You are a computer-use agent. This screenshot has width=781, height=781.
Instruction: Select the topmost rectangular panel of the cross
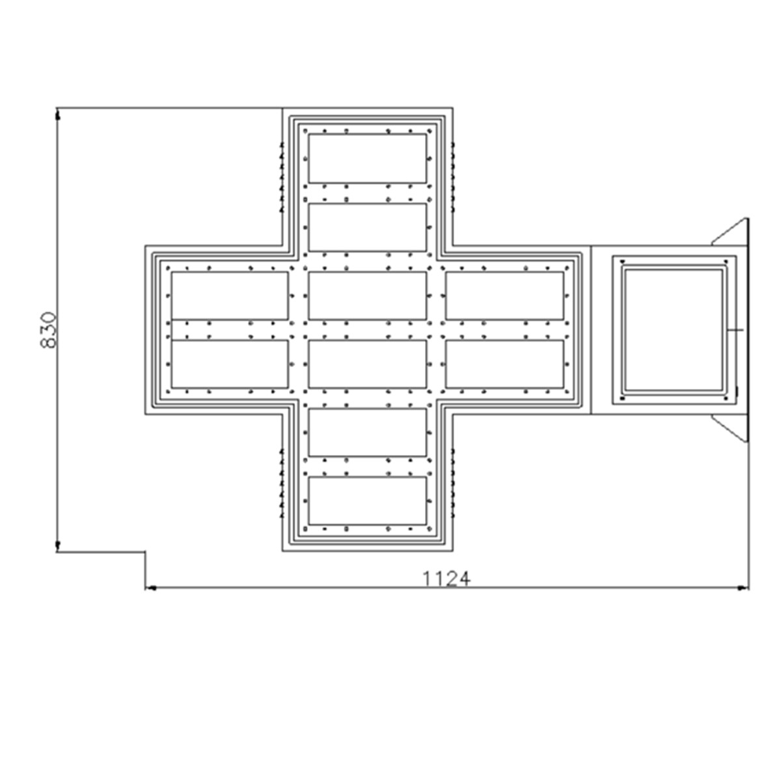tap(367, 158)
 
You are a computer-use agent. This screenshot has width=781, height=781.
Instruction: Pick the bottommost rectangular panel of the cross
tap(367, 501)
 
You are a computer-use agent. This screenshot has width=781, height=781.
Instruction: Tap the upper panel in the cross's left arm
tap(230, 296)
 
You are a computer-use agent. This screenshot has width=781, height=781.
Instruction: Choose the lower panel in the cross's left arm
tap(230, 364)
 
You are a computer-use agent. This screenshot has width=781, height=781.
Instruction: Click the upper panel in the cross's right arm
tap(504, 296)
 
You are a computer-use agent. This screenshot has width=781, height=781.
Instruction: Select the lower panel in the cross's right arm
tap(504, 364)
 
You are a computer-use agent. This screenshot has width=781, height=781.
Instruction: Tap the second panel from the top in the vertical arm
tap(367, 227)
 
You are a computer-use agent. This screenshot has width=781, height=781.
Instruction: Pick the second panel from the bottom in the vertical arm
tap(367, 432)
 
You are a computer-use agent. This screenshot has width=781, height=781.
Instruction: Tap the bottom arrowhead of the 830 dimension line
tap(58, 546)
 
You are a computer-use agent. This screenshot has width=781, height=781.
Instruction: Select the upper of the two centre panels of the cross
tap(367, 296)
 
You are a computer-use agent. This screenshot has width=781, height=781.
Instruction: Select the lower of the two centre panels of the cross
tap(367, 364)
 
